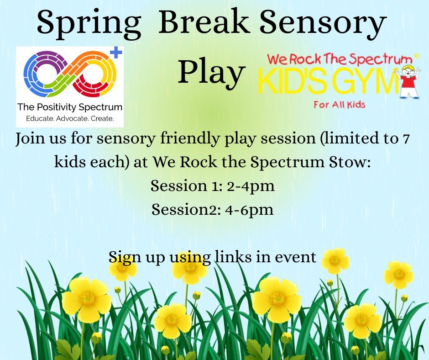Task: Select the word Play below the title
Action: (x=211, y=72)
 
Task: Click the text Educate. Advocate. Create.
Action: (x=69, y=120)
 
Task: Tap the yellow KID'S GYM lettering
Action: (x=328, y=82)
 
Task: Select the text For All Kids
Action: (x=339, y=105)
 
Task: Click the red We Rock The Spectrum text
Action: (x=339, y=59)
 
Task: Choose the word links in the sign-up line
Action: (x=234, y=257)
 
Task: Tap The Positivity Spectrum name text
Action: (x=69, y=108)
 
